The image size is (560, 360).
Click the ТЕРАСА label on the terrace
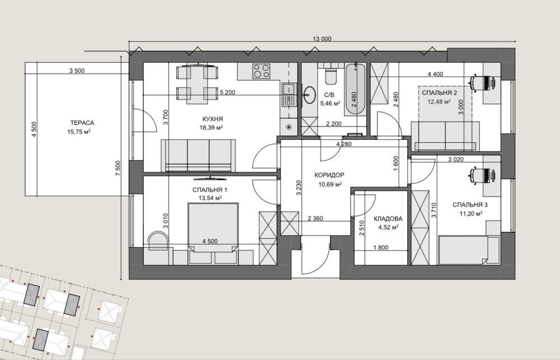click(x=82, y=123)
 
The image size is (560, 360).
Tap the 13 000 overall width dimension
click(x=322, y=39)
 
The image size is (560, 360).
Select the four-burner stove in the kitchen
click(x=261, y=71)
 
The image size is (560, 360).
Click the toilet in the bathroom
click(x=329, y=76)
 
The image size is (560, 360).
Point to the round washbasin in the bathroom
click(x=309, y=94)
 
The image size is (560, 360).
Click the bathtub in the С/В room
click(x=356, y=89)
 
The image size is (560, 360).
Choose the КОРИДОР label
click(x=329, y=175)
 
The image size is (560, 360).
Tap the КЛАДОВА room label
click(x=388, y=218)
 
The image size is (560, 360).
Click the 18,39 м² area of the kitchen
click(x=212, y=128)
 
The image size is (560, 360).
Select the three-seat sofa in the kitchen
click(x=198, y=156)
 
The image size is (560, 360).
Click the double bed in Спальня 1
click(x=213, y=227)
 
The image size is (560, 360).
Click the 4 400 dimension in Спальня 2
click(x=435, y=74)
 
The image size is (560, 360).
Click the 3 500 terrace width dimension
click(x=77, y=71)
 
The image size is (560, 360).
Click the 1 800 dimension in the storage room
click(x=381, y=247)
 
